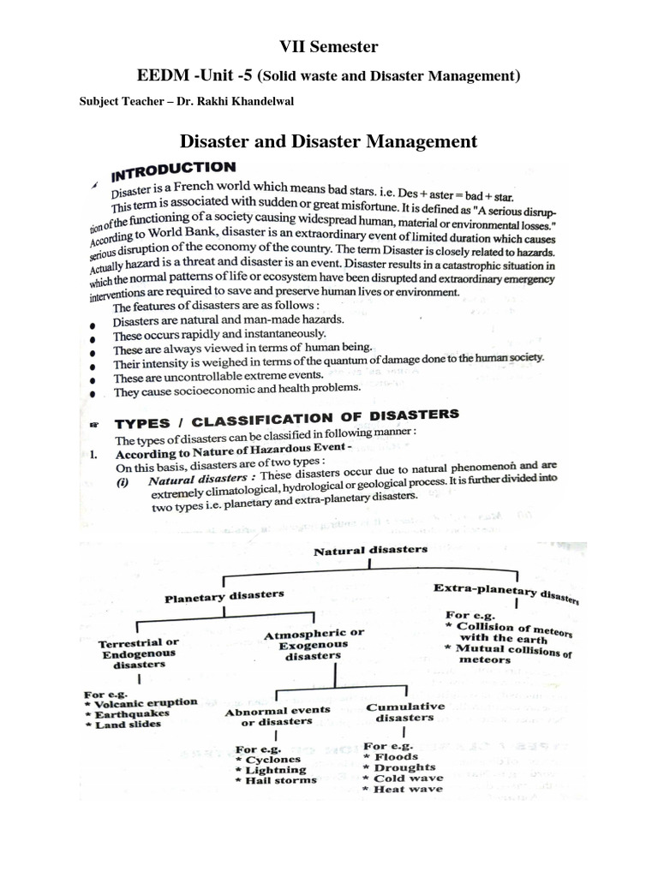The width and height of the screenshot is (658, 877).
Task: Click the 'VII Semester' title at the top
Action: (x=328, y=46)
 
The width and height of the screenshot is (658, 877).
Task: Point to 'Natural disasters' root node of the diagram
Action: (x=370, y=551)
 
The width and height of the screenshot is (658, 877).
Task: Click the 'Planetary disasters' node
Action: (x=224, y=594)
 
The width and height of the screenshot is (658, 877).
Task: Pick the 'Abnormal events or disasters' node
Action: (x=277, y=716)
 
